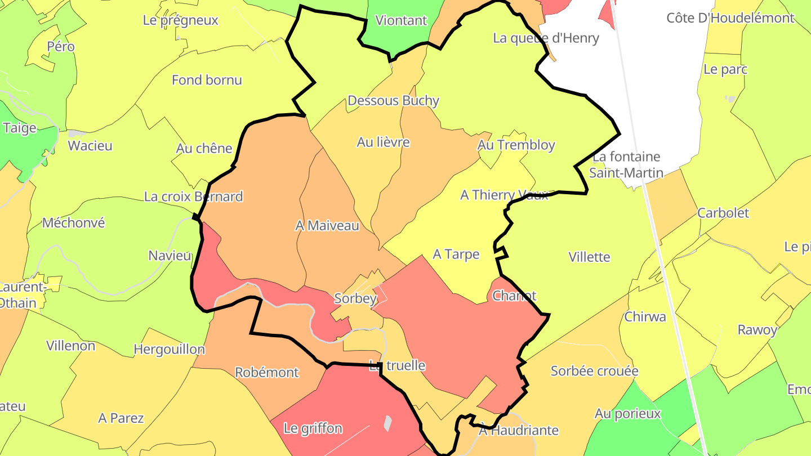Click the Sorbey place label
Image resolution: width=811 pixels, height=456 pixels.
pyautogui.click(x=355, y=298)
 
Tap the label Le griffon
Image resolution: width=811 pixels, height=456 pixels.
pyautogui.click(x=313, y=428)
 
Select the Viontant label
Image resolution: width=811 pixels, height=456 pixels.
pyautogui.click(x=401, y=21)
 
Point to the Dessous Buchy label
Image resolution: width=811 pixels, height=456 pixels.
pyautogui.click(x=393, y=101)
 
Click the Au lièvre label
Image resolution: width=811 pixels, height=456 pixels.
pyautogui.click(x=383, y=142)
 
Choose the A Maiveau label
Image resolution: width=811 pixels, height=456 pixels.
pyautogui.click(x=327, y=226)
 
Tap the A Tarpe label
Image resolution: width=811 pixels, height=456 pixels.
pyautogui.click(x=456, y=254)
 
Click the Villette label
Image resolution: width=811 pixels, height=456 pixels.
pyautogui.click(x=589, y=257)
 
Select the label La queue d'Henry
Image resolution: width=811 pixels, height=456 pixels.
pyautogui.click(x=546, y=38)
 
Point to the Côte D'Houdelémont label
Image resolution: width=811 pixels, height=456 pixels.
pyautogui.click(x=730, y=18)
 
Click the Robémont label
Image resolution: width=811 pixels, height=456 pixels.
pyautogui.click(x=266, y=373)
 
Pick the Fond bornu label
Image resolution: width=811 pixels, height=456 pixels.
pyautogui.click(x=207, y=80)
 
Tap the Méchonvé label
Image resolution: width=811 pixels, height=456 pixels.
pyautogui.click(x=73, y=223)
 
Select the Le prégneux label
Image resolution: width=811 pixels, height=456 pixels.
pyautogui.click(x=180, y=21)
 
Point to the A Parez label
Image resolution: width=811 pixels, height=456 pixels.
pyautogui.click(x=121, y=418)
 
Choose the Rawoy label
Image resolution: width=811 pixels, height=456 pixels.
pyautogui.click(x=757, y=330)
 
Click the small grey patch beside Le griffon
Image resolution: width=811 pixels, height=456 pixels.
pyautogui.click(x=387, y=423)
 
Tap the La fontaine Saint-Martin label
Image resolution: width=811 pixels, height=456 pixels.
pyautogui.click(x=626, y=164)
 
